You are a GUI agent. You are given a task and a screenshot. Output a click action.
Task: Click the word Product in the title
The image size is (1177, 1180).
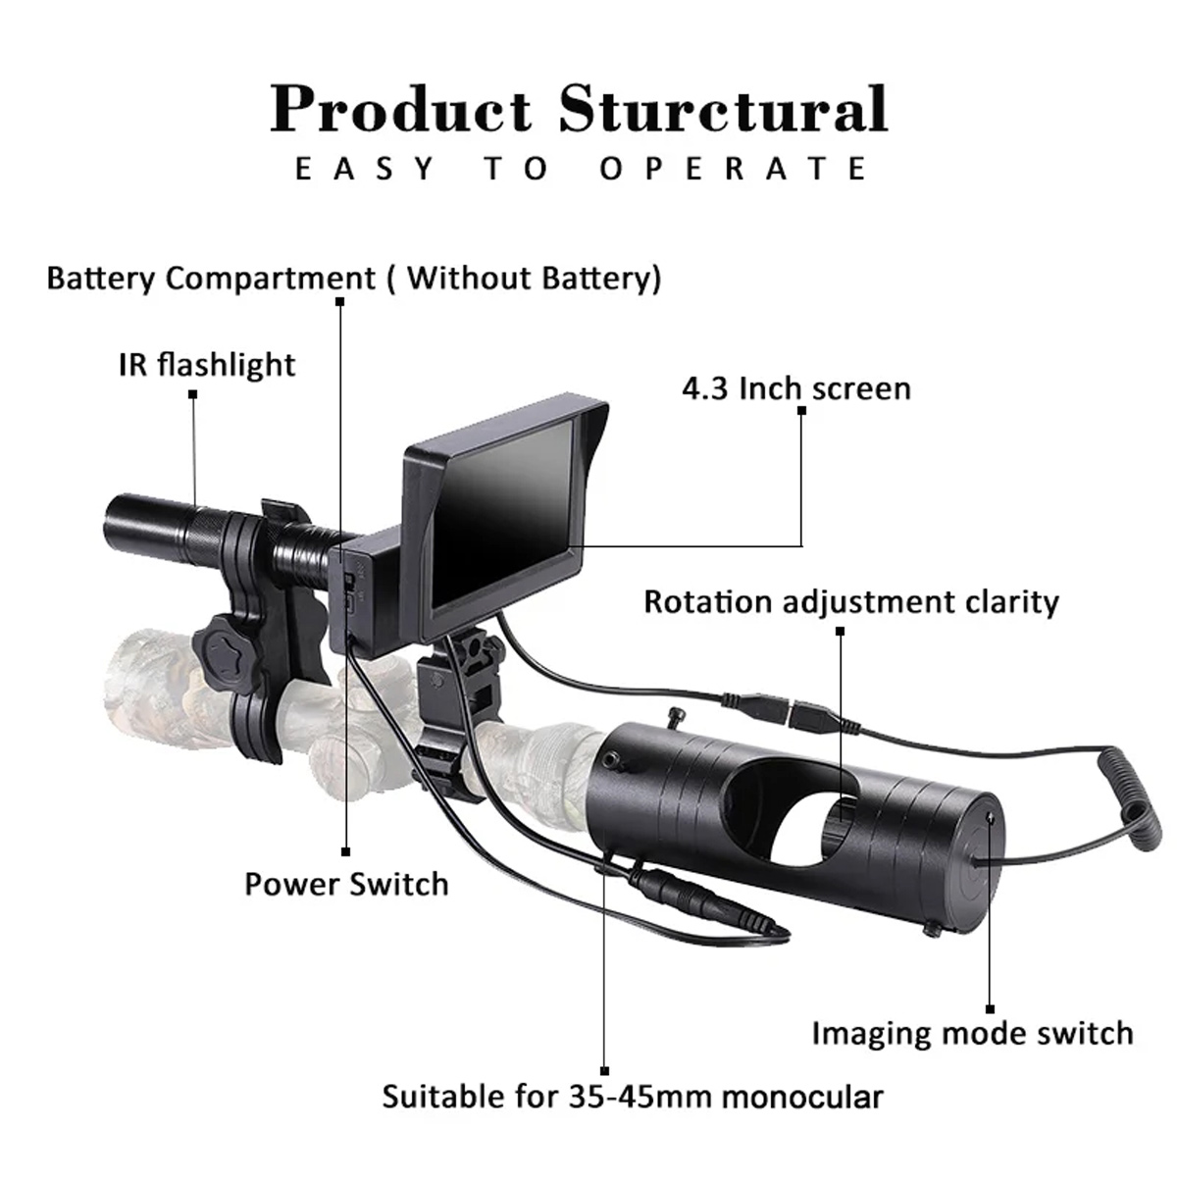point(401,109)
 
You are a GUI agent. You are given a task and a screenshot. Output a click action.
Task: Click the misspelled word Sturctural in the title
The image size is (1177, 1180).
point(723,109)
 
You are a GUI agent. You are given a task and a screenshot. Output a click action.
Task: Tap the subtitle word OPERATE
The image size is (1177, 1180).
point(733,169)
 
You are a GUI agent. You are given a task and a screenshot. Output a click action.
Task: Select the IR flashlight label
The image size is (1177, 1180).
point(207,366)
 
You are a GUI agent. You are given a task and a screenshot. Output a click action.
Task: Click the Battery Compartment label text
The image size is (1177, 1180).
point(354,279)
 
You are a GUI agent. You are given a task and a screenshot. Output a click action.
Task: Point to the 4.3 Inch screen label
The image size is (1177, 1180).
point(796,388)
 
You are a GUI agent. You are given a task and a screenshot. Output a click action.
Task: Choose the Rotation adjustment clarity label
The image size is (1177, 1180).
point(851,602)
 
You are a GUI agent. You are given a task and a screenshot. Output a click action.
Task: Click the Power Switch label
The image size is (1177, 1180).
point(346,884)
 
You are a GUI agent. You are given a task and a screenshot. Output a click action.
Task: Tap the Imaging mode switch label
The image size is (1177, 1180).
point(972,1034)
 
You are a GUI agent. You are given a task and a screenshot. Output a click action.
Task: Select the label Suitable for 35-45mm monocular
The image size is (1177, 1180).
point(633,1097)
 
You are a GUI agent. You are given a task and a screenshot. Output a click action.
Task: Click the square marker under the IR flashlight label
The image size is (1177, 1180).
point(193,394)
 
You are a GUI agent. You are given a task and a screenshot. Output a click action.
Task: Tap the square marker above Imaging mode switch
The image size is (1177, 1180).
point(991,1009)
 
